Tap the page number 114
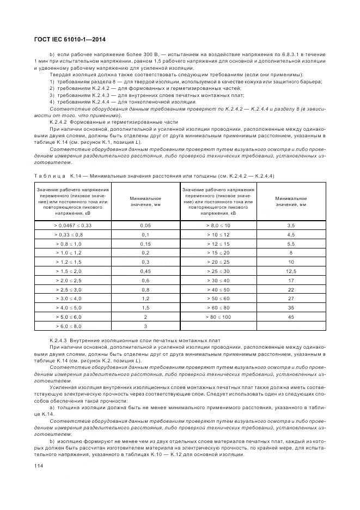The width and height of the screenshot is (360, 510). point(39,465)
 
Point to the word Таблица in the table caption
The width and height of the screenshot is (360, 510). point(50,175)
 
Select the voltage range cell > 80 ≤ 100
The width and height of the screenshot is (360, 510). point(218,316)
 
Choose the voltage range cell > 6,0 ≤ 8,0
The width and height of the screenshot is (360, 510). point(72,326)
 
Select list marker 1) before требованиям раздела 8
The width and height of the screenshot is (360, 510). point(53,81)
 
